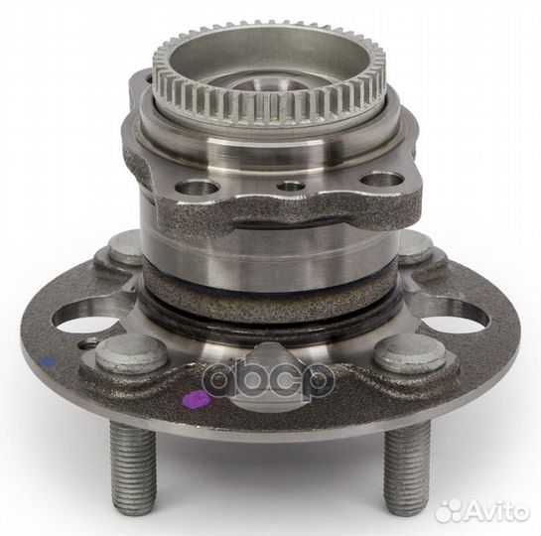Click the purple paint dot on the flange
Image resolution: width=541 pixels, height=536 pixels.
click(196, 398)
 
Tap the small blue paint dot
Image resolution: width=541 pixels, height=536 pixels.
click(49, 361)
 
